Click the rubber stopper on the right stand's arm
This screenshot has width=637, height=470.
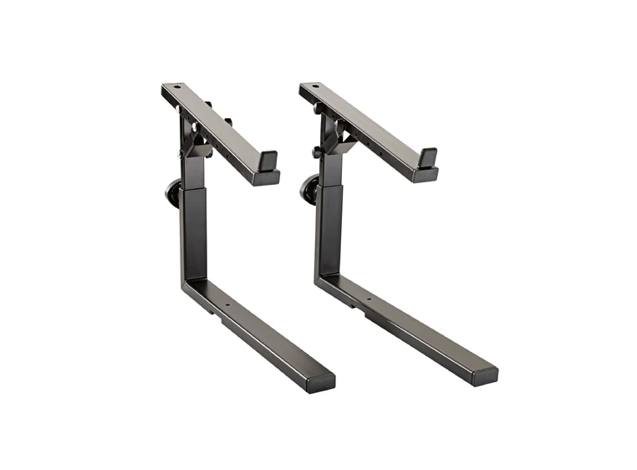pyautogui.click(x=426, y=156)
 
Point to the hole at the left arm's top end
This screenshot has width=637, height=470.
pyautogui.click(x=176, y=88)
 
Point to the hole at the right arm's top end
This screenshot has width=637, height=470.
pyautogui.click(x=314, y=87)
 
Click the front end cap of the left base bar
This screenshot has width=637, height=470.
pyautogui.click(x=320, y=381)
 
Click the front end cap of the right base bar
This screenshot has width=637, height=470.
pyautogui.click(x=483, y=374)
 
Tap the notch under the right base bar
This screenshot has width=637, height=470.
pyautogui.click(x=369, y=315)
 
